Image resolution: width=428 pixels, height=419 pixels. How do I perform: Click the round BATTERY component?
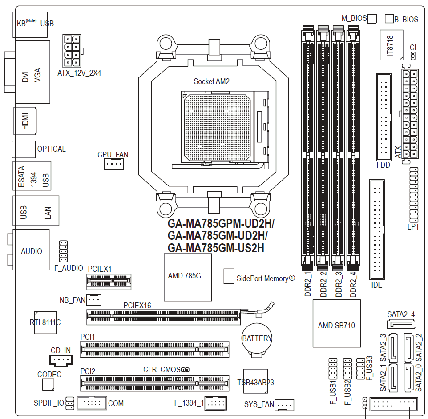click(x=257, y=339)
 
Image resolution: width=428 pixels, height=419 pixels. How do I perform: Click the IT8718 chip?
click(x=391, y=45)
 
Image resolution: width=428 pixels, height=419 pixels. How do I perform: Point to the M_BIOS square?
click(x=372, y=18)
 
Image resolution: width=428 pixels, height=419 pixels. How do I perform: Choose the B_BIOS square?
click(x=389, y=18)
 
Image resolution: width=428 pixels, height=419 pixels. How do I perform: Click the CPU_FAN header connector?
click(x=113, y=165)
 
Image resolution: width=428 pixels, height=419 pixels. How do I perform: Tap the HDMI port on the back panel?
click(x=25, y=121)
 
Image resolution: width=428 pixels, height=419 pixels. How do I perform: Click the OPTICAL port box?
click(x=24, y=149)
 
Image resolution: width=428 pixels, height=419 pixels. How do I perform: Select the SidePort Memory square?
click(x=229, y=276)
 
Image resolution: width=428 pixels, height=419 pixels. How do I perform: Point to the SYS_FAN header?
click(x=285, y=405)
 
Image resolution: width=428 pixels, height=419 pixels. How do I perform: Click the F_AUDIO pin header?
click(x=63, y=251)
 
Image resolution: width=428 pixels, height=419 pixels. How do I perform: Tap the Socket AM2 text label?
click(x=211, y=81)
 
